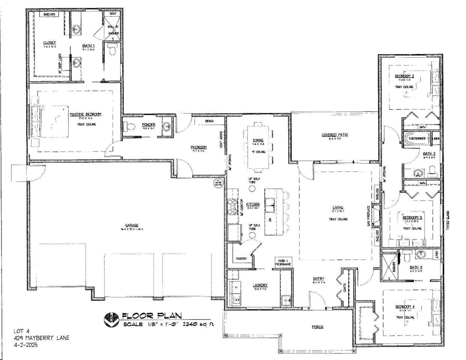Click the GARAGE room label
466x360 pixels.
pyautogui.click(x=129, y=225)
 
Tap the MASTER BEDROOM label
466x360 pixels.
pyautogui.click(x=86, y=114)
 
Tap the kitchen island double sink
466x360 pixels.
pyautogui.click(x=270, y=204)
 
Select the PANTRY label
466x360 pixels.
pyautogui.click(x=241, y=259)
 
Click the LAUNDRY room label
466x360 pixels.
pyautogui.click(x=260, y=285)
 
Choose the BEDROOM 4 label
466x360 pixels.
pyautogui.click(x=405, y=307)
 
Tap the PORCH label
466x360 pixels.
pyautogui.click(x=317, y=327)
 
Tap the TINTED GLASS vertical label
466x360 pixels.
pyautogui.click(x=448, y=221)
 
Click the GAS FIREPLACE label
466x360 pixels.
pyautogui.click(x=369, y=216)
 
